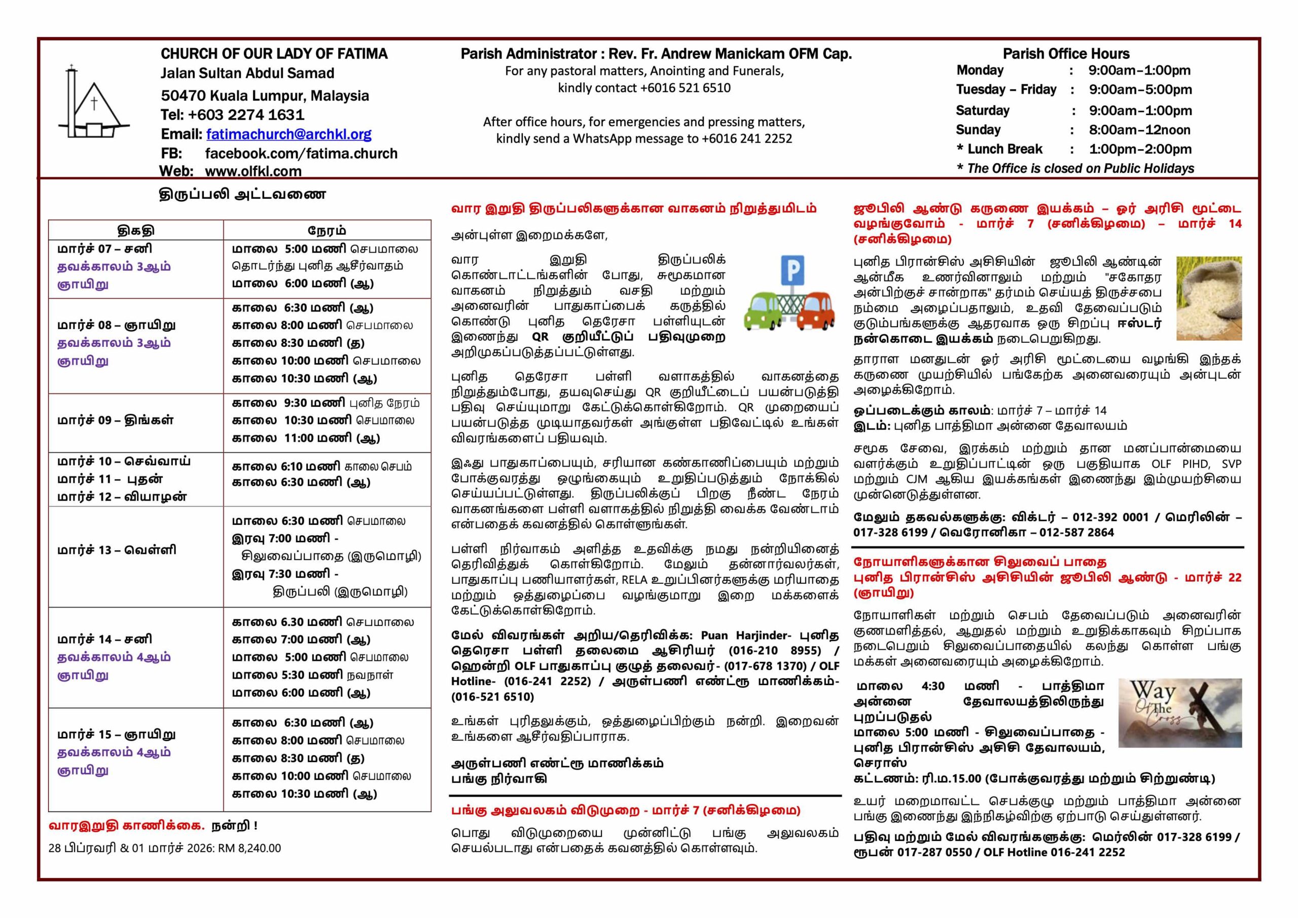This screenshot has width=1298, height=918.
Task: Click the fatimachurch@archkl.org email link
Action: pos(289,134)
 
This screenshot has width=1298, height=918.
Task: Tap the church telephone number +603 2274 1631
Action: pos(246,115)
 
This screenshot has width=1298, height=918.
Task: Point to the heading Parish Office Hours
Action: pos(1066,54)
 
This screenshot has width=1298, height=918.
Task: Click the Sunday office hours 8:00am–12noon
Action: pos(1139,130)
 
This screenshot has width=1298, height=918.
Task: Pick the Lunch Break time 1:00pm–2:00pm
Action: pos(1140,149)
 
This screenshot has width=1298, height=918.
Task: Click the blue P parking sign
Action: pos(792,270)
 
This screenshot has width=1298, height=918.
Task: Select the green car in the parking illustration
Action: pos(763,311)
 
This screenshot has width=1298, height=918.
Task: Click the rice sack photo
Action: pos(1209,298)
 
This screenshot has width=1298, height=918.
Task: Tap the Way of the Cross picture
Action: pos(1180,713)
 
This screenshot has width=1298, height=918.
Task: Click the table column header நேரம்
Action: pos(327,230)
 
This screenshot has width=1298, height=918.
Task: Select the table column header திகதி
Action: pos(136,230)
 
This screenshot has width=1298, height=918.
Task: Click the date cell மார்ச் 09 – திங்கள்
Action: pos(115,420)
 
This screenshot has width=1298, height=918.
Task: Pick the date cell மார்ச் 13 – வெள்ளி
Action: pos(117,550)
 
